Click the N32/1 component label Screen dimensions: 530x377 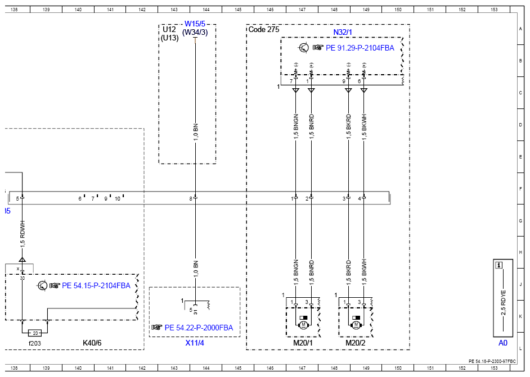pos(343,32)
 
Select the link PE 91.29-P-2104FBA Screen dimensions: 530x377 pos(360,48)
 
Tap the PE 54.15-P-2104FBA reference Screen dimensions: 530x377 pos(96,285)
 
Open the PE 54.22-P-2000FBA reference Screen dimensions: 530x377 pos(199,328)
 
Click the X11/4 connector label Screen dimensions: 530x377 pos(195,343)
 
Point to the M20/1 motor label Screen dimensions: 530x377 pos(303,343)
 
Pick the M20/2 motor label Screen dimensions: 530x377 pos(355,343)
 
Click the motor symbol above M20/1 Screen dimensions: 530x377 pos(303,325)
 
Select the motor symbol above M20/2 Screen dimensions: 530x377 pos(356,325)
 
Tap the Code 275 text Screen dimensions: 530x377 pos(264,29)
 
